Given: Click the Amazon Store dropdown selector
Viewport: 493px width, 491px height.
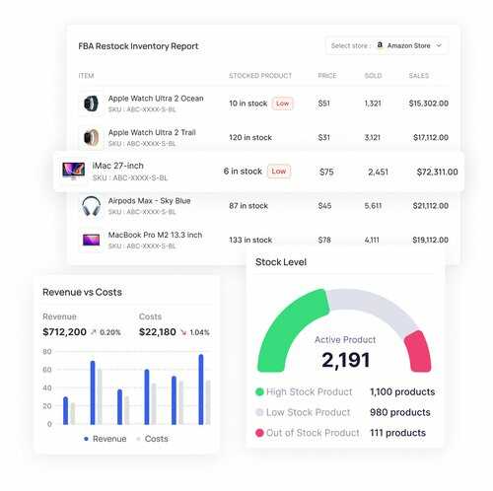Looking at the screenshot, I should [387, 44].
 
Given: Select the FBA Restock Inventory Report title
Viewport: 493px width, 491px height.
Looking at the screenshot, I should [138, 45].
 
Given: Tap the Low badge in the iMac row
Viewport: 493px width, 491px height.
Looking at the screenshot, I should [279, 171].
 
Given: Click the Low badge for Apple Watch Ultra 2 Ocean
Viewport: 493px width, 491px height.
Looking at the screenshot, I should [282, 103].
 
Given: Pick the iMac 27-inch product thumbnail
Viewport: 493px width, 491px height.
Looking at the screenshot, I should [73, 172].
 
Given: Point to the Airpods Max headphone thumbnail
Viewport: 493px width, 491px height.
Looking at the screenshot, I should [91, 206].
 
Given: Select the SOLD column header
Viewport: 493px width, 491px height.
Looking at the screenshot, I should [373, 75].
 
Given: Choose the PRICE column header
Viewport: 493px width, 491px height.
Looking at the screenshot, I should [327, 75].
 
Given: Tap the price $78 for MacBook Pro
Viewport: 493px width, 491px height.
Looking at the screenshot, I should [324, 240].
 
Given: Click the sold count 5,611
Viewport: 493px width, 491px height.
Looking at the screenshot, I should [373, 206].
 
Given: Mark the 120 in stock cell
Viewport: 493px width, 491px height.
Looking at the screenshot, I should [250, 137].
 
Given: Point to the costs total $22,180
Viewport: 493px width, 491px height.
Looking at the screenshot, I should [158, 331].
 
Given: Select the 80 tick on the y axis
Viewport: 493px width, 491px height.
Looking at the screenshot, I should [46, 352].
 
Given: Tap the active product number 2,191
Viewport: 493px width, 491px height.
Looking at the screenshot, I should [345, 360].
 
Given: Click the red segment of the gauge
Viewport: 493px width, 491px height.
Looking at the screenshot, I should [417, 351].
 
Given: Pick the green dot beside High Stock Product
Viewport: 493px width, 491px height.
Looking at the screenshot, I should [260, 391].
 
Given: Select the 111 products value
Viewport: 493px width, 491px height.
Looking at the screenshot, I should [398, 432].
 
